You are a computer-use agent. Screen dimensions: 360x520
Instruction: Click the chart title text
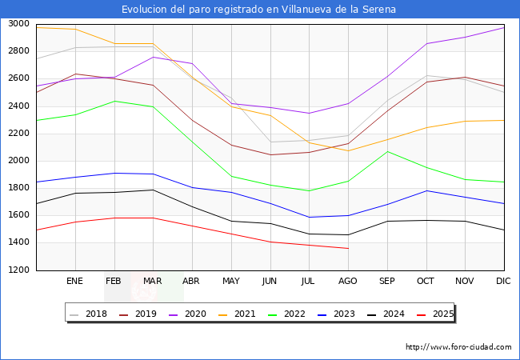point(259,10)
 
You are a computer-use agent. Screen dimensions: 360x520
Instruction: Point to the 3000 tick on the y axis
point(19,24)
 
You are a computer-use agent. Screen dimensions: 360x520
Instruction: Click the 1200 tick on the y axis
point(19,270)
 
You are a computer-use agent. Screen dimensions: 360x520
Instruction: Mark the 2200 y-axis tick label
point(19,134)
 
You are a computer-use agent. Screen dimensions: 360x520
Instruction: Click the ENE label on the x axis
point(74,281)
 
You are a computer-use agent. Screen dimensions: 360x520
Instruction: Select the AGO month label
point(348,281)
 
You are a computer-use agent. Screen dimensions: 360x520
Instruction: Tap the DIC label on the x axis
point(503,281)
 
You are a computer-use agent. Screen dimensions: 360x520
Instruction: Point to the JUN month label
point(270,281)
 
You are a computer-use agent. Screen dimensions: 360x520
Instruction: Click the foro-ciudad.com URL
point(458,347)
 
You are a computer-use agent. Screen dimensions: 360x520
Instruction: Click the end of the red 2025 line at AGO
point(348,248)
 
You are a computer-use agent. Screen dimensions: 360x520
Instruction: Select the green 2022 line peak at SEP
point(387,151)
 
